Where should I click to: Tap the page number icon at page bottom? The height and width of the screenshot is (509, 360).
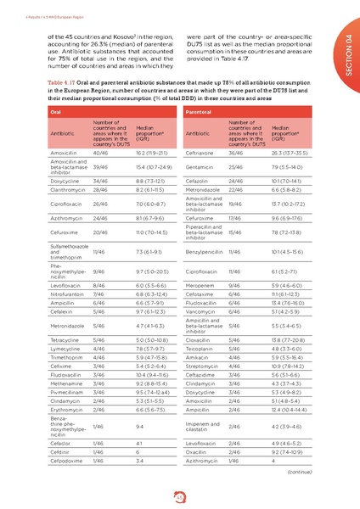[x=180, y=495]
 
